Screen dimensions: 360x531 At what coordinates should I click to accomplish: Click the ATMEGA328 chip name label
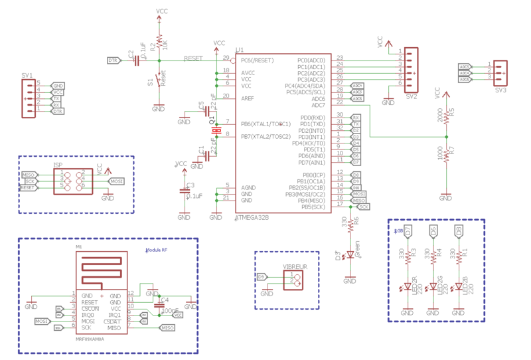253,218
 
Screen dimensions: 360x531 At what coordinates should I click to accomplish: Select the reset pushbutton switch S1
158,80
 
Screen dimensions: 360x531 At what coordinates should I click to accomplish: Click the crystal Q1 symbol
214,129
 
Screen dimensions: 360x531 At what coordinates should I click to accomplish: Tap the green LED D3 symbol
350,254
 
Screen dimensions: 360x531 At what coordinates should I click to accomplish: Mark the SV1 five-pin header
29,98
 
